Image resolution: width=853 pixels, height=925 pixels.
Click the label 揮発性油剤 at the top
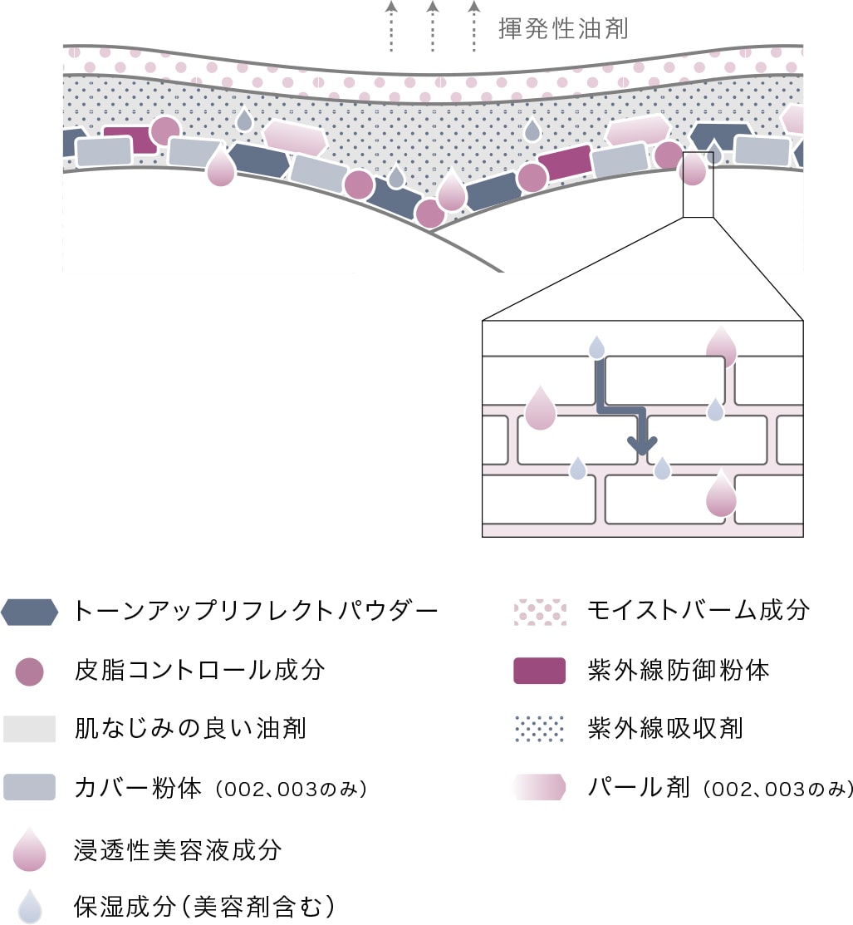pyautogui.click(x=563, y=30)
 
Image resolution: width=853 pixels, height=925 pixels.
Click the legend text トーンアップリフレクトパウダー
pyautogui.click(x=255, y=612)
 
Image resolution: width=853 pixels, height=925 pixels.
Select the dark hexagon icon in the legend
pyautogui.click(x=30, y=612)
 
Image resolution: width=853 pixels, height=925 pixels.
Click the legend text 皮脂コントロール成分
pyautogui.click(x=199, y=670)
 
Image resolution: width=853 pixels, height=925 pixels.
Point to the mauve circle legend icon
pyautogui.click(x=30, y=670)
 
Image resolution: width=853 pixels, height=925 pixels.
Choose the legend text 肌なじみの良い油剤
pyautogui.click(x=190, y=729)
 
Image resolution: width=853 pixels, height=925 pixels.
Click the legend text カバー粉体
pyautogui.click(x=138, y=788)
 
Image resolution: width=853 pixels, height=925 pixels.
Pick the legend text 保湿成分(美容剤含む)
pyautogui.click(x=204, y=906)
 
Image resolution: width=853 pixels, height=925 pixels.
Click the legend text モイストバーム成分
pyautogui.click(x=698, y=612)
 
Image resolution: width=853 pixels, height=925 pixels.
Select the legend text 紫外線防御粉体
pyautogui.click(x=678, y=670)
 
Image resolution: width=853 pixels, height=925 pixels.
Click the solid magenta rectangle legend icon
pyautogui.click(x=540, y=671)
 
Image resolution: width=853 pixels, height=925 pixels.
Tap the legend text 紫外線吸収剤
pyautogui.click(x=664, y=729)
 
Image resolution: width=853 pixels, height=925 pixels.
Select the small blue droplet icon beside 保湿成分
pyautogui.click(x=30, y=907)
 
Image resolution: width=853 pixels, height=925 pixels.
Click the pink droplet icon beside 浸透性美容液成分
pyautogui.click(x=30, y=849)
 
